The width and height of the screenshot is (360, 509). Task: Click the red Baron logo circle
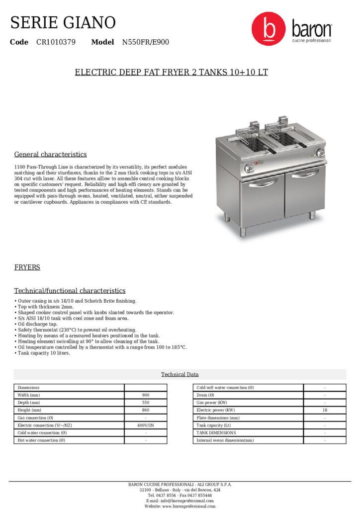coord(269,29)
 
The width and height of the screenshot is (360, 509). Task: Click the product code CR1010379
coord(56,42)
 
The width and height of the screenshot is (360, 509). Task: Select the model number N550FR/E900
coord(146,42)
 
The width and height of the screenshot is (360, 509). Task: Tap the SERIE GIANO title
coord(63,22)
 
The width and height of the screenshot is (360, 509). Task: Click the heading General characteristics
coord(50,155)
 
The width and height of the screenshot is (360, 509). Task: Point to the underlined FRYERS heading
coord(27,268)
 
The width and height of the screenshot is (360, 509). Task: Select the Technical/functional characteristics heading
coord(70,291)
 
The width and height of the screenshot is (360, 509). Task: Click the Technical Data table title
coord(180,374)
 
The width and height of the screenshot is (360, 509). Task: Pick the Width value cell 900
coord(146,395)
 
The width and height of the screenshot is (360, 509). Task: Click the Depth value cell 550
coord(146,403)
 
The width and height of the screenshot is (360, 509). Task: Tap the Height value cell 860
coord(146,410)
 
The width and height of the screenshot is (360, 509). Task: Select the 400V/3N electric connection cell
coord(146,425)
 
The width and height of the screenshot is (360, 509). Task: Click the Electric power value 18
coord(325,410)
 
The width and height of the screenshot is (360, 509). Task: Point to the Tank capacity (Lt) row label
coord(214,425)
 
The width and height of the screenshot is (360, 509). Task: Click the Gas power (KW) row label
coord(212,403)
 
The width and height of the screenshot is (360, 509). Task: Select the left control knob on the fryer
coord(245,168)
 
